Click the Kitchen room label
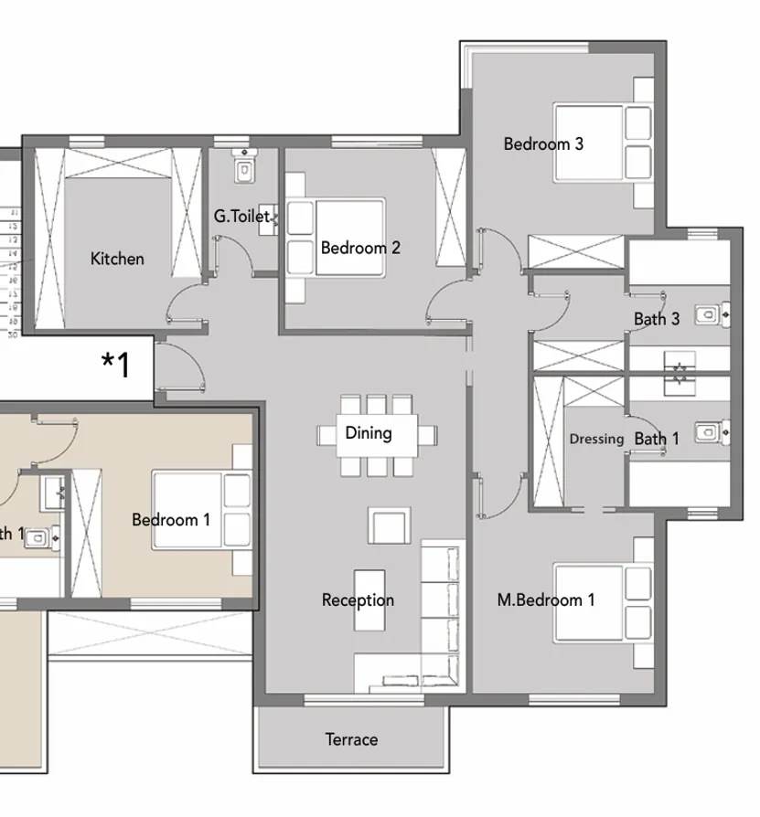coord(117,259)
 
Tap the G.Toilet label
coord(241,217)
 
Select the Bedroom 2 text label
coord(360,248)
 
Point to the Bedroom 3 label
coord(543,143)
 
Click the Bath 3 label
coord(657,319)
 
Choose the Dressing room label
coord(596,439)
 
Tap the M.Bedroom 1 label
coord(546,600)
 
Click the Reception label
coord(358,600)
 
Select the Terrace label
coord(351,739)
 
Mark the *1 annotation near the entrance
coord(116,365)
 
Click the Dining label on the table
coord(369,433)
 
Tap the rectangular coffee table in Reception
coord(369,599)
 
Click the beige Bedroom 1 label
coord(171,520)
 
